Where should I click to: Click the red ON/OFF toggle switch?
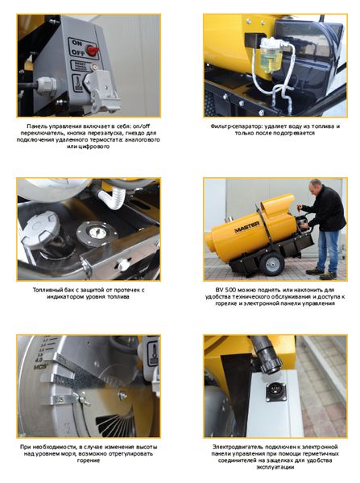coord(93,50)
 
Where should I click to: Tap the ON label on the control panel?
coord(77,43)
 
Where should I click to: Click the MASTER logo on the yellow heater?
coord(247,228)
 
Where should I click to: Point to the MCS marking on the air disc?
coord(40,367)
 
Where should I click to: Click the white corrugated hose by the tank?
coord(112,196)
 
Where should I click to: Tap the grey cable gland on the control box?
coord(46,85)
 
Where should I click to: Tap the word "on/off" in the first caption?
coord(142,126)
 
